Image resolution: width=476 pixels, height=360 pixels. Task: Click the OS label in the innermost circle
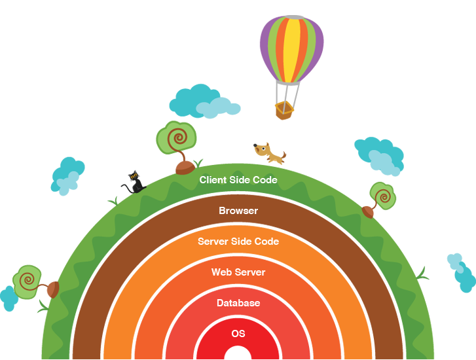pos(238,334)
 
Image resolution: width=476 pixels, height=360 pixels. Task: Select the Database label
pos(238,303)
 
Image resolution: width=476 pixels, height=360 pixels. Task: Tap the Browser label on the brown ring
pos(238,211)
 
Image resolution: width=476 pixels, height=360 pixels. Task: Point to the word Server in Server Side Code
pos(214,242)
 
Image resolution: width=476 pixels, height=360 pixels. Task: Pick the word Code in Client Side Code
pos(265,179)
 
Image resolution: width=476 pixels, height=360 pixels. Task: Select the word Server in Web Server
pos(251,272)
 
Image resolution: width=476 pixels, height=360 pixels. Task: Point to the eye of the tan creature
pos(264,149)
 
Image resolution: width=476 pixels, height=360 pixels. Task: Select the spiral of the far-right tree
pos(383,195)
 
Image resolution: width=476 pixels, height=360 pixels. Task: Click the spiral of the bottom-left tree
pos(27,279)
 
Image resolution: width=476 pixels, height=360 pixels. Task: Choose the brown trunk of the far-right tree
pos(371,207)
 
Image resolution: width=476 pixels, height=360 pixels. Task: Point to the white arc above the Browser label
pos(238,194)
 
